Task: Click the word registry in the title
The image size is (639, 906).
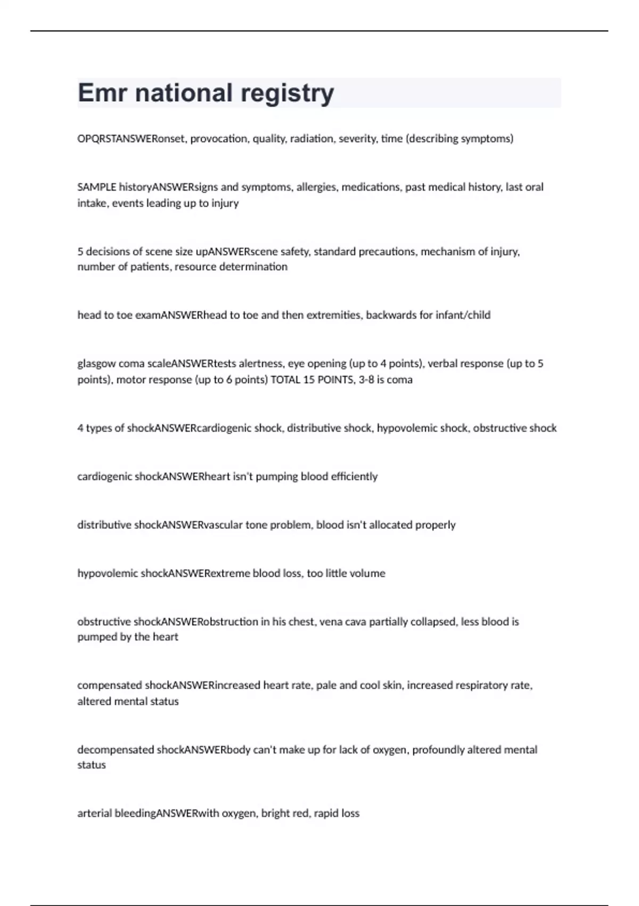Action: point(288,93)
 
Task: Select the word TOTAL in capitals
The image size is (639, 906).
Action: point(285,380)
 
